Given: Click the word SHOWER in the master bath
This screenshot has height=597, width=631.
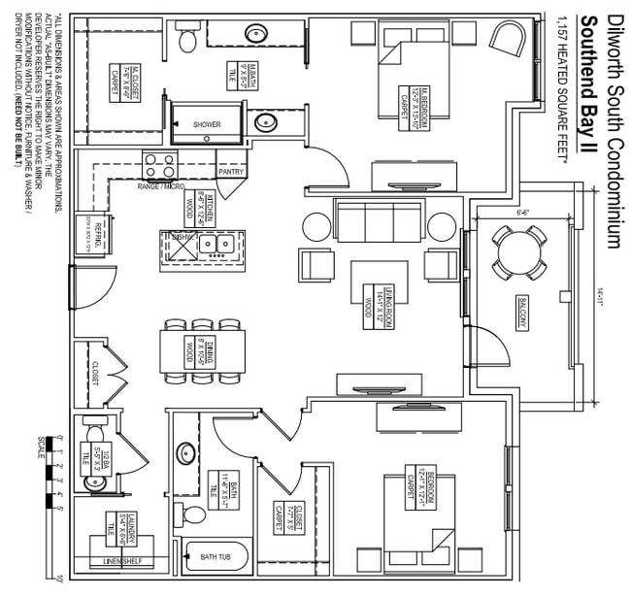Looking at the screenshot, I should tap(207, 125).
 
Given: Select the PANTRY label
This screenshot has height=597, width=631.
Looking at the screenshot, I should tap(231, 172).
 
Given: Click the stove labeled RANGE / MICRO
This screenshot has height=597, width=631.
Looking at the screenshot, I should tap(161, 164).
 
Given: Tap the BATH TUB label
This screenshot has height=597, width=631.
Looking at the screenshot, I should tap(216, 557).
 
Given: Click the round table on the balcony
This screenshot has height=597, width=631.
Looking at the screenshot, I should tap(518, 251).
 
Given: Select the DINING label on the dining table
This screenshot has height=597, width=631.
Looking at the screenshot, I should tap(202, 346).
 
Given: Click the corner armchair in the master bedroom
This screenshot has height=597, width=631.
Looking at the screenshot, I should tap(508, 40).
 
